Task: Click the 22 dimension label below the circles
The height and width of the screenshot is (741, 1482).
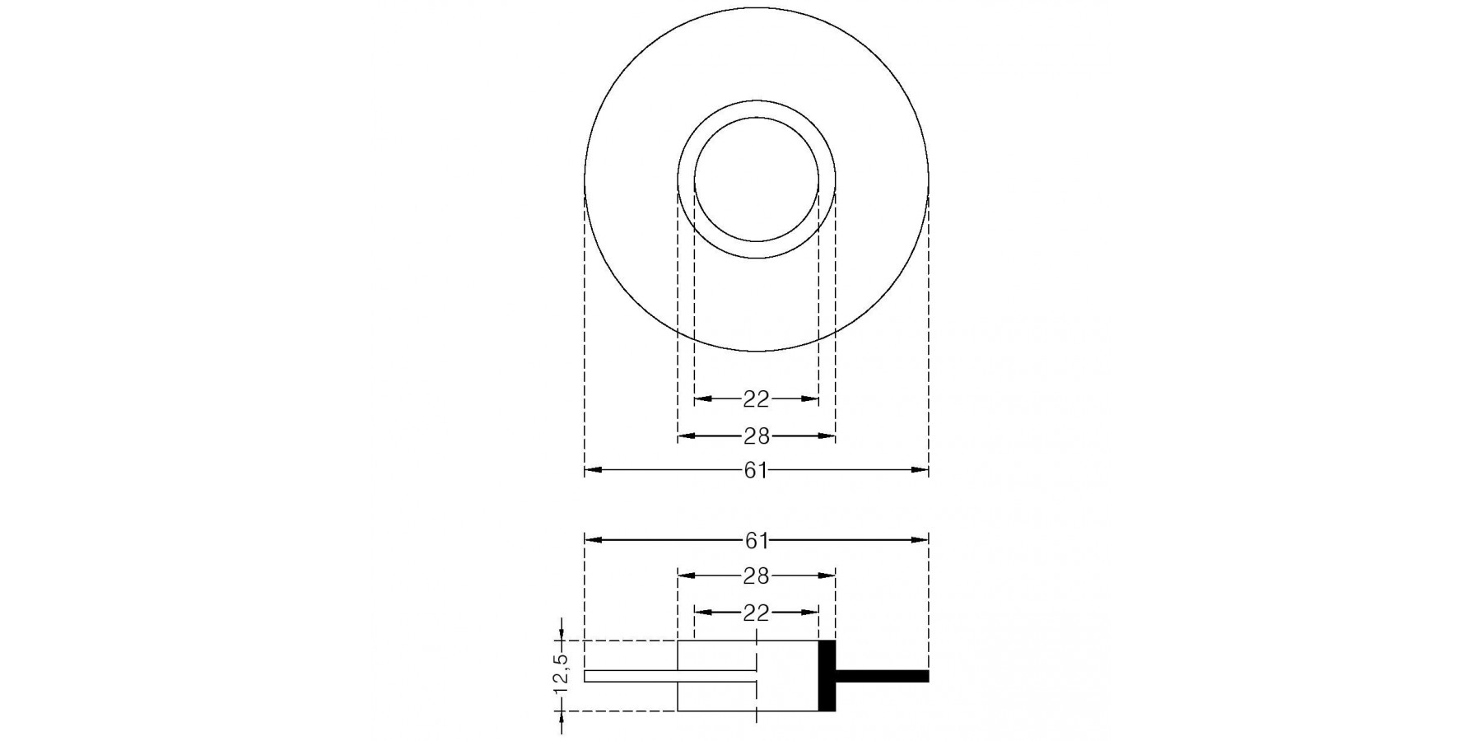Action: point(756,399)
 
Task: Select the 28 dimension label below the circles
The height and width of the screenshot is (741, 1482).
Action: point(756,436)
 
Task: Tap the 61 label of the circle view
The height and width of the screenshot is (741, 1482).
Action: point(756,470)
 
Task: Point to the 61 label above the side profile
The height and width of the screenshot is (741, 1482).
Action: point(756,540)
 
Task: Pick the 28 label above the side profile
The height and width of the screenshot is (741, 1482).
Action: point(756,576)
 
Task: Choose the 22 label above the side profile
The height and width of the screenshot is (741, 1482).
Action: point(756,613)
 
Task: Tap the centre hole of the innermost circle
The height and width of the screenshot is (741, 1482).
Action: point(756,179)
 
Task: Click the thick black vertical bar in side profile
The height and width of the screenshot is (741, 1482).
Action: point(827,675)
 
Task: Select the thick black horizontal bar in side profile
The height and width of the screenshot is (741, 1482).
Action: point(882,676)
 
